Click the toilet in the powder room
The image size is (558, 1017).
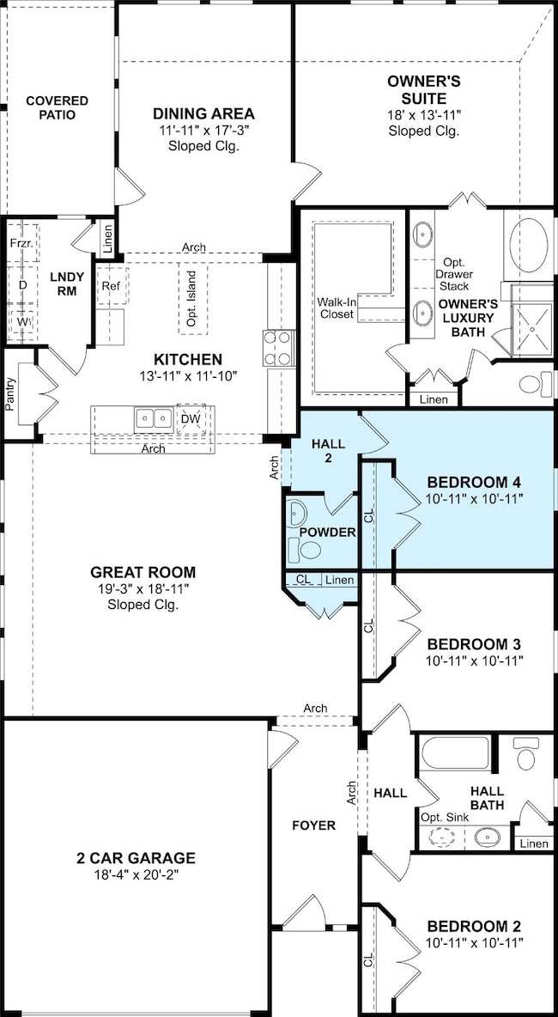click(310, 550)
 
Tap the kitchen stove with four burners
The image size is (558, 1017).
click(278, 349)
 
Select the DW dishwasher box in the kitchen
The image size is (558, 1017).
click(190, 420)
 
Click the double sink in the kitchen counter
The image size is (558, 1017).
click(154, 419)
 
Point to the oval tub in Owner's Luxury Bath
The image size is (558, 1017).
click(529, 245)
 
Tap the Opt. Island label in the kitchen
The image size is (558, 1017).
click(191, 298)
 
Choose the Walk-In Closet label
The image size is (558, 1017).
click(336, 308)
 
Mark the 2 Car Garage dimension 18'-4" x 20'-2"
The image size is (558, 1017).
click(135, 874)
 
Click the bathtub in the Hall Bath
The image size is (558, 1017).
click(454, 753)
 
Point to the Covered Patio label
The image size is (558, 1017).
click(57, 107)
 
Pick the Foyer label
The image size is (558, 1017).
click(313, 825)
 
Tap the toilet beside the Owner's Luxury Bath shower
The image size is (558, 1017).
click(536, 383)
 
